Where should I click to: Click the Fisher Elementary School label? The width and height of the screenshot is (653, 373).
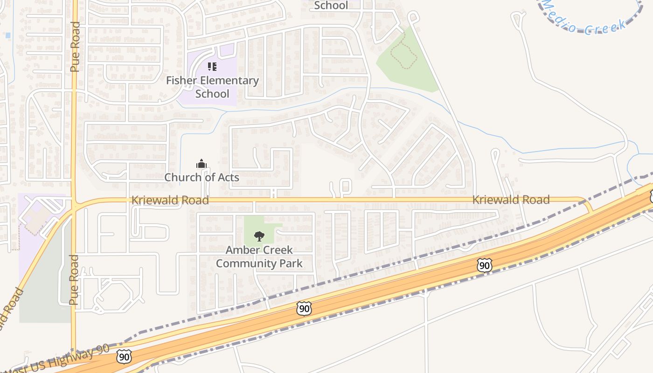click(212, 87)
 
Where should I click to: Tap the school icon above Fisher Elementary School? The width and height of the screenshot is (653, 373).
click(212, 67)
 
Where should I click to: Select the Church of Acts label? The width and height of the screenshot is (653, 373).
click(201, 177)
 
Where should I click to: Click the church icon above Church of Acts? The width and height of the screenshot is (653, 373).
click(201, 164)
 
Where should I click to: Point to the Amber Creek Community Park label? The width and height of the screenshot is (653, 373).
click(259, 256)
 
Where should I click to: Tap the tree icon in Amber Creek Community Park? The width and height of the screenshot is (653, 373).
click(259, 236)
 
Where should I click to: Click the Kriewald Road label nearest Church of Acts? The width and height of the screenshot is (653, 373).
click(170, 200)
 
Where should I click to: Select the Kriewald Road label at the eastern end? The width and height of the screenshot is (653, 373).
click(511, 200)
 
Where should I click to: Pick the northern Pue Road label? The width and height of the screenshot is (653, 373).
click(75, 47)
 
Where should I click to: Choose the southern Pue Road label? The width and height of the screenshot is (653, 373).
click(74, 280)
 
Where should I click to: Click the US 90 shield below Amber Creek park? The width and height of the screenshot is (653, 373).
click(304, 308)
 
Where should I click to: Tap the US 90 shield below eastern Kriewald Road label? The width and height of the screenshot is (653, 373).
click(484, 265)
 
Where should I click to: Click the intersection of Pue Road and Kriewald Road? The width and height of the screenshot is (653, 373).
click(74, 204)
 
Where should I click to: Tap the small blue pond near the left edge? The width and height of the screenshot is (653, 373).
click(7, 35)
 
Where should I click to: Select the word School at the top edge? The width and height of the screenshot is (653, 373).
click(331, 5)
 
